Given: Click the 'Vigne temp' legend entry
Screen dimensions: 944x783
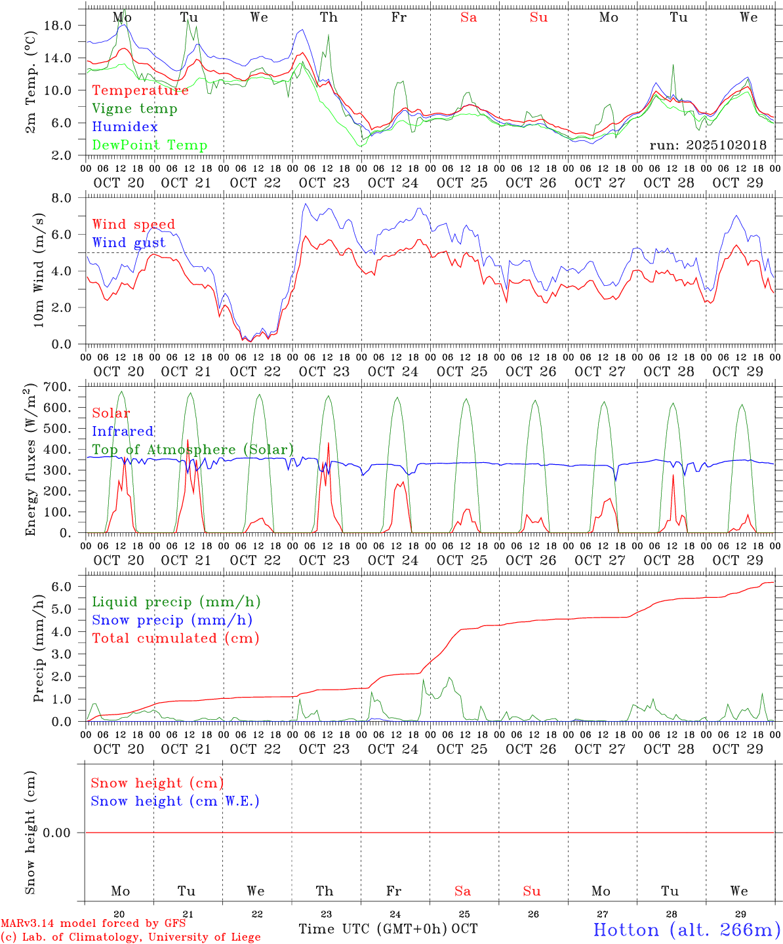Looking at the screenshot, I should pyautogui.click(x=134, y=109).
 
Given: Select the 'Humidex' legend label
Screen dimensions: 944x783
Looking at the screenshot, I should pyautogui.click(x=125, y=127).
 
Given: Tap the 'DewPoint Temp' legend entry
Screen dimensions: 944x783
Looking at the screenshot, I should pyautogui.click(x=150, y=146).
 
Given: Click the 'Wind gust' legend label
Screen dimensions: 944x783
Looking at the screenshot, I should pyautogui.click(x=129, y=243).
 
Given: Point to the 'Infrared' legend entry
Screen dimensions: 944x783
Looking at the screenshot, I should pyautogui.click(x=123, y=431).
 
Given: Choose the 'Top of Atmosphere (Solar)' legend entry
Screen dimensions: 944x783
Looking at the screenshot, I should pyautogui.click(x=193, y=450).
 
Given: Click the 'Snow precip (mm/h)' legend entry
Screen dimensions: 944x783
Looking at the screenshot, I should pyautogui.click(x=172, y=620).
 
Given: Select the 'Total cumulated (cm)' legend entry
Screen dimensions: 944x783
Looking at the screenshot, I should pyautogui.click(x=175, y=639).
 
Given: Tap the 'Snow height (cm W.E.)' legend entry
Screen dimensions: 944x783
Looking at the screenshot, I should pyautogui.click(x=175, y=801).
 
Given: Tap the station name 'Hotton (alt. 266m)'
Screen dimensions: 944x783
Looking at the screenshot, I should pyautogui.click(x=687, y=930).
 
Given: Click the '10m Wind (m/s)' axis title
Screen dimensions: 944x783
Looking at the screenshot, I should pyautogui.click(x=39, y=270).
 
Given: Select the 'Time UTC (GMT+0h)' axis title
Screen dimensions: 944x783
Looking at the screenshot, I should pyautogui.click(x=372, y=929).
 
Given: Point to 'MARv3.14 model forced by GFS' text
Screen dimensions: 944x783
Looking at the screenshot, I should pyautogui.click(x=93, y=923).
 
